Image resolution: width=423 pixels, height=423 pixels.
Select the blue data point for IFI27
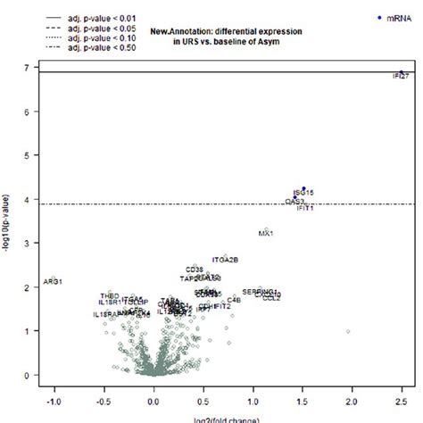tap(402, 72)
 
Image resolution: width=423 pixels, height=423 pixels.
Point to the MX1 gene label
tap(266, 234)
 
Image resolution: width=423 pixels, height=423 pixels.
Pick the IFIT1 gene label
tap(303, 208)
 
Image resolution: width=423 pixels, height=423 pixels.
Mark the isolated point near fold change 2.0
tap(348, 331)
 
